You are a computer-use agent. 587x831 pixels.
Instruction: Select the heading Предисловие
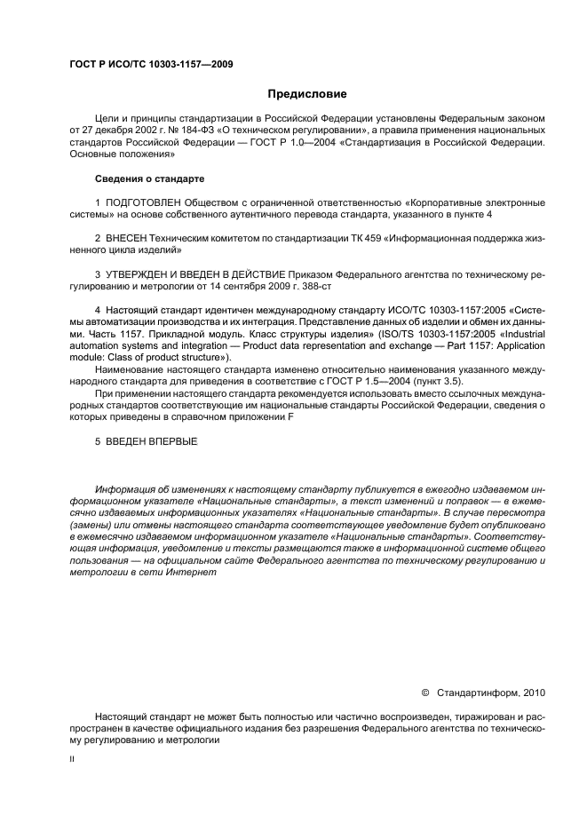pyautogui.click(x=307, y=93)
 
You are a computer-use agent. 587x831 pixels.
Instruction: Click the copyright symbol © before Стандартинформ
pyautogui.click(x=424, y=692)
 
